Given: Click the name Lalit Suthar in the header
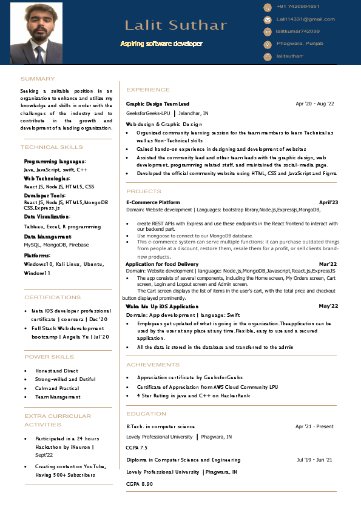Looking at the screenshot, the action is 175,25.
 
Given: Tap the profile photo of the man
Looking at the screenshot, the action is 36,33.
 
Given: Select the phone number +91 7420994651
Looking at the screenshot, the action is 298,7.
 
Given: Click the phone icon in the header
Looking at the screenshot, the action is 267,7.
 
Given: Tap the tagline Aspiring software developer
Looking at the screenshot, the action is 161,44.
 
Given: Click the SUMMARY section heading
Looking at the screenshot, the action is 38,79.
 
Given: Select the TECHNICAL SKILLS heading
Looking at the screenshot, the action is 52,147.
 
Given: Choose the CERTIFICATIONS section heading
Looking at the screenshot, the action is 52,297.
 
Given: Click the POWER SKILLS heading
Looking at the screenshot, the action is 49,357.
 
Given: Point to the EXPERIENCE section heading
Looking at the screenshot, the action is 148,90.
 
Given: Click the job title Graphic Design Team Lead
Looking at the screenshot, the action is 158,104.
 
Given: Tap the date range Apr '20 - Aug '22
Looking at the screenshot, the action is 314,104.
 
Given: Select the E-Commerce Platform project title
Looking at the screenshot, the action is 153,202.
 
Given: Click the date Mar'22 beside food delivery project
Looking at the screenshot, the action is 328,264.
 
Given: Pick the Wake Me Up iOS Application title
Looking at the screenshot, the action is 162,306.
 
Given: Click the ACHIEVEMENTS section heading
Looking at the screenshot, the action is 153,365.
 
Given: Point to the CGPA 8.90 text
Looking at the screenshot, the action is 140,484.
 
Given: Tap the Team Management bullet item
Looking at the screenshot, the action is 58,397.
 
